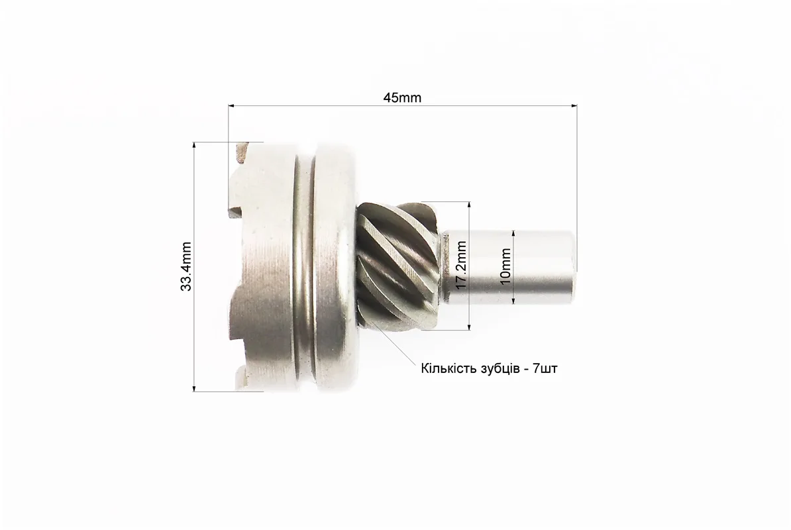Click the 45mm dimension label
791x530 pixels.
[402, 97]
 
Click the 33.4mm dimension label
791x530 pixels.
[185, 266]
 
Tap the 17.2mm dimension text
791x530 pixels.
[460, 265]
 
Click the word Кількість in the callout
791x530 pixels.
[446, 368]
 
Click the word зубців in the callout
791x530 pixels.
[495, 369]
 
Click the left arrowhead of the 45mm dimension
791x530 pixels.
[232, 106]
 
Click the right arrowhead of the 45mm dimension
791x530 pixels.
[574, 106]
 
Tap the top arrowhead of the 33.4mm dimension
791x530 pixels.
[194, 146]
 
